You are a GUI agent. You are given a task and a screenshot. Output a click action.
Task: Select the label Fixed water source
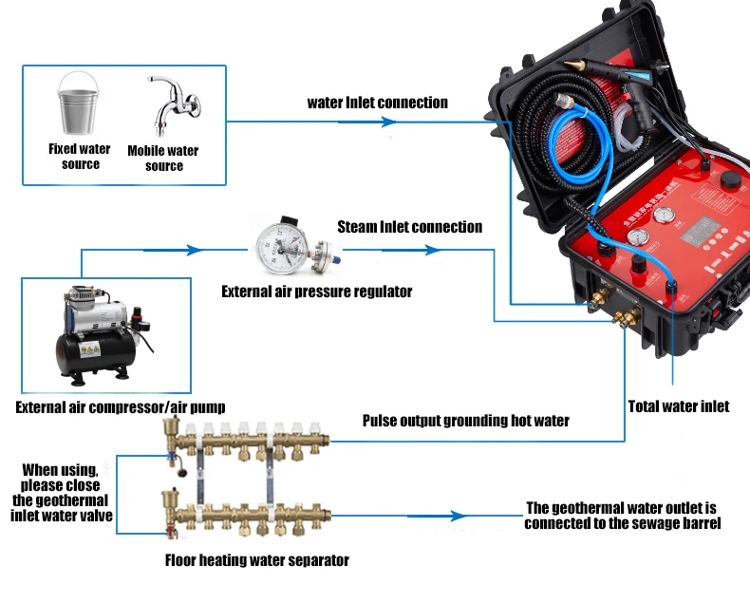pos(80,157)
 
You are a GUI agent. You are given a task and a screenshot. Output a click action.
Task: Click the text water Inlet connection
pos(377,103)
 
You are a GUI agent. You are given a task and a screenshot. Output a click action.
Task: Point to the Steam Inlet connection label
pos(409,227)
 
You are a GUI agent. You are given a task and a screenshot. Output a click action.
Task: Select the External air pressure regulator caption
pos(316,292)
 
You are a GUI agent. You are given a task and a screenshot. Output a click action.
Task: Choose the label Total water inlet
pos(678,406)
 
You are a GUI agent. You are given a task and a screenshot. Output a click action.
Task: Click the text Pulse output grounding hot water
pos(465,420)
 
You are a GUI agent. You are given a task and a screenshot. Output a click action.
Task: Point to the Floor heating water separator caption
pos(256,560)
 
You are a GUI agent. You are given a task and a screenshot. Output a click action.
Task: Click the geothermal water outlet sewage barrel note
pos(622,516)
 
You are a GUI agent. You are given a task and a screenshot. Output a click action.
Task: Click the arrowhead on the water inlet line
pos(387,122)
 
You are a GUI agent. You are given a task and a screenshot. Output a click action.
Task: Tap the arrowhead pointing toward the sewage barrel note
pos(459,516)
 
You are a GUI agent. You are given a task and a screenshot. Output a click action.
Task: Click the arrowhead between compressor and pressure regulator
pos(195,251)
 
